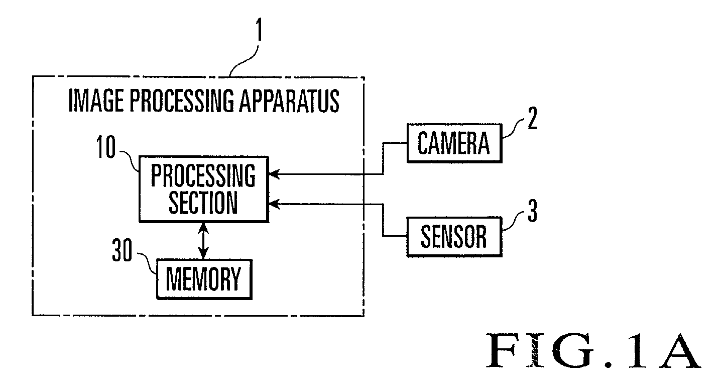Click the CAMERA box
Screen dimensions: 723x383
pyautogui.click(x=454, y=143)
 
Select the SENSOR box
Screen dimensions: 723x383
pyautogui.click(x=454, y=237)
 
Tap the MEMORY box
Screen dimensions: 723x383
pyautogui.click(x=204, y=279)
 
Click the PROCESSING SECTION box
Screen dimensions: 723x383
pyautogui.click(x=204, y=189)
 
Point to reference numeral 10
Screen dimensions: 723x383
pyautogui.click(x=106, y=147)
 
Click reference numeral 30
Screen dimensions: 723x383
pyautogui.click(x=122, y=250)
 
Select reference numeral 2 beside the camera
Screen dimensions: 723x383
pyautogui.click(x=533, y=118)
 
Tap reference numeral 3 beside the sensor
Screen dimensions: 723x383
pyautogui.click(x=533, y=211)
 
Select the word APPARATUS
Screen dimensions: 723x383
pyautogui.click(x=289, y=101)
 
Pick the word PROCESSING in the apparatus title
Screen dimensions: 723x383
pyautogui.click(x=182, y=101)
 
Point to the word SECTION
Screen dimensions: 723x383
pyautogui.click(x=203, y=203)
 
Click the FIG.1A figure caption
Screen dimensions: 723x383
pyautogui.click(x=593, y=351)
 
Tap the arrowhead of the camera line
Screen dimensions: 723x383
pyautogui.click(x=274, y=174)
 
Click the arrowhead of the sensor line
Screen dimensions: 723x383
pyautogui.click(x=274, y=204)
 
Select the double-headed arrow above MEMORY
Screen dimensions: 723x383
pyautogui.click(x=203, y=241)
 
